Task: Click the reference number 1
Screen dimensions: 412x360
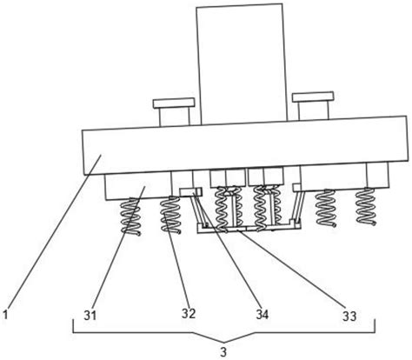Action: point(5,315)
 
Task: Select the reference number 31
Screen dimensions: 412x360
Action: point(90,316)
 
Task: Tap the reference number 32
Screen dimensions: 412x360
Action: point(189,313)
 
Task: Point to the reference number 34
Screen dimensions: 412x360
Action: point(262,315)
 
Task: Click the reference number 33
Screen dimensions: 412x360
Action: point(349,316)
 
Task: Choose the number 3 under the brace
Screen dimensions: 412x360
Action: point(223,352)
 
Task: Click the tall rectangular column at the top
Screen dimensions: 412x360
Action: point(242,63)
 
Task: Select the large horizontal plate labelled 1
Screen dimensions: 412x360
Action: point(244,145)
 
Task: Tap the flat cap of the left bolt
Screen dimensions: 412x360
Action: point(174,103)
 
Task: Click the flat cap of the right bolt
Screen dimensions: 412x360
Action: point(313,97)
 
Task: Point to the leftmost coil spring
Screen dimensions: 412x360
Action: point(131,217)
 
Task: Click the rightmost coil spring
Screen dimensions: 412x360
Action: point(367,207)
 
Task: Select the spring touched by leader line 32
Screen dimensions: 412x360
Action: point(171,215)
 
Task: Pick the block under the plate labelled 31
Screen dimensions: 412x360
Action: point(138,186)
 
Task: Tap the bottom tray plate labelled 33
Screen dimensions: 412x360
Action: point(249,228)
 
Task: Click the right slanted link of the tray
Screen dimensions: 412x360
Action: point(298,205)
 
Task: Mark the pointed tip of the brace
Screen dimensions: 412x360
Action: point(223,341)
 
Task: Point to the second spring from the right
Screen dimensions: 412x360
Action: point(326,208)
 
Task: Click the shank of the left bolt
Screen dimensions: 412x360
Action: point(175,117)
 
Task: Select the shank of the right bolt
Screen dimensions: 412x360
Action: point(313,110)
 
